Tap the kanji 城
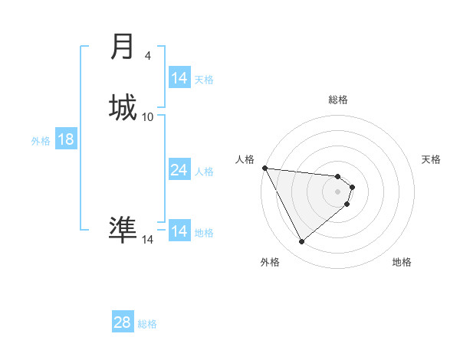tap(123, 106)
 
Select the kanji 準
tap(123, 228)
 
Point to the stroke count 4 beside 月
tap(148, 56)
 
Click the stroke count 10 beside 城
tap(148, 116)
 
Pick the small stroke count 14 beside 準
tap(148, 240)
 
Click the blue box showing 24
tap(179, 170)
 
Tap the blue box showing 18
tap(65, 139)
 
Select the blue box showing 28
tap(122, 322)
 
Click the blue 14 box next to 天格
tap(179, 78)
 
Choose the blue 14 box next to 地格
tap(179, 231)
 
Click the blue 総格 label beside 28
tap(147, 324)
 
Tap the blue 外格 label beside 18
tap(41, 141)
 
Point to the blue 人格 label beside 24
tap(204, 172)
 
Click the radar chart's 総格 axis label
tap(338, 100)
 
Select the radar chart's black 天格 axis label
tap(432, 159)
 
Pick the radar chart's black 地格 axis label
tap(402, 262)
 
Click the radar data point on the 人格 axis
tap(264, 168)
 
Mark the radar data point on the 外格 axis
tap(301, 242)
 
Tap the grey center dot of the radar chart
tap(338, 191)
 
